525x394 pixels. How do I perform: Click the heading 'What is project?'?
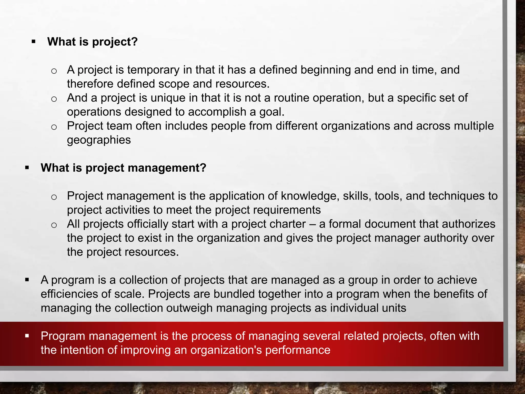(x=92, y=42)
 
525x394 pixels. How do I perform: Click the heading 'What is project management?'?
(x=123, y=168)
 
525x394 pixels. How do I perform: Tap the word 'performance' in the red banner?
(x=298, y=350)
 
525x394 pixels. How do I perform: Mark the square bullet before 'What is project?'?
(x=33, y=42)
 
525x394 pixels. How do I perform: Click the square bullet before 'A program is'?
(x=27, y=280)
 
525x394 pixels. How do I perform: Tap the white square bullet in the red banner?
(x=27, y=336)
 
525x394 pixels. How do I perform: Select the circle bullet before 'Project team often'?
(x=54, y=127)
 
